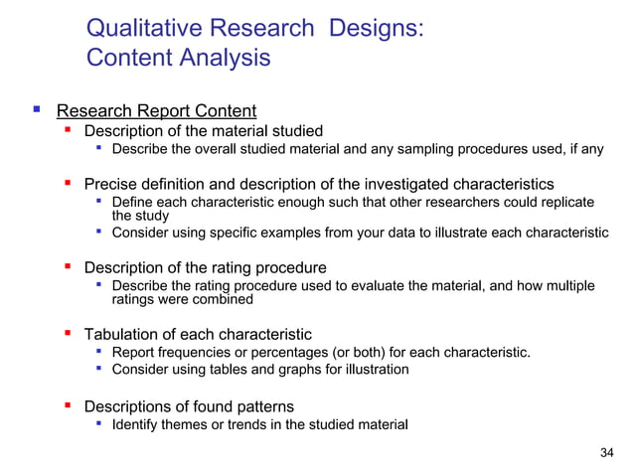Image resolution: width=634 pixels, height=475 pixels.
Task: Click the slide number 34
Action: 608,454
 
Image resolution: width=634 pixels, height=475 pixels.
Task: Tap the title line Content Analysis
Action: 179,58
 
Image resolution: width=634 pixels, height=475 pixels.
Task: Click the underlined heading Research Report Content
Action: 156,110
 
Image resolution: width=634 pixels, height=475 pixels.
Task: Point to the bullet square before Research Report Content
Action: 37,109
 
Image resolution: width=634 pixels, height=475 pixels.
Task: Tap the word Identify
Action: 137,424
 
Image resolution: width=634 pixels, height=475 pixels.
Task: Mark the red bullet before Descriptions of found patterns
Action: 68,405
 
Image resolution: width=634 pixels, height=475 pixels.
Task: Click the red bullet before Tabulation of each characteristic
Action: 68,334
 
